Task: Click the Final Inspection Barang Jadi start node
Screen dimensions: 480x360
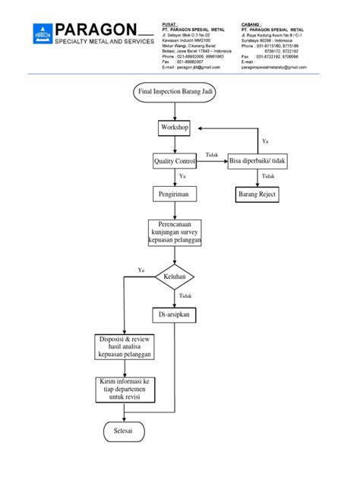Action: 174,93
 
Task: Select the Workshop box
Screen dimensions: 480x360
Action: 174,128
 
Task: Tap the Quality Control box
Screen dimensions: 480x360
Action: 175,161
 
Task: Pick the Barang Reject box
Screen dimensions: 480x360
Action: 257,194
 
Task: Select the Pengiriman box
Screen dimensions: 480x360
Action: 174,194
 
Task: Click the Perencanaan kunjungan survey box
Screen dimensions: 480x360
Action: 175,233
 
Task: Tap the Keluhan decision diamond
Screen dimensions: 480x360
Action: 175,277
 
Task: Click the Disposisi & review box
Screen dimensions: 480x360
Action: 125,347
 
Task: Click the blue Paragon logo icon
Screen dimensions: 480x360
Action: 43,33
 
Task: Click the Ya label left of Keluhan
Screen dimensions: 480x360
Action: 141,270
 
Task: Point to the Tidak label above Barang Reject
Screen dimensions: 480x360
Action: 267,176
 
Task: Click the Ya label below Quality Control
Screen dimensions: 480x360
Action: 182,176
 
